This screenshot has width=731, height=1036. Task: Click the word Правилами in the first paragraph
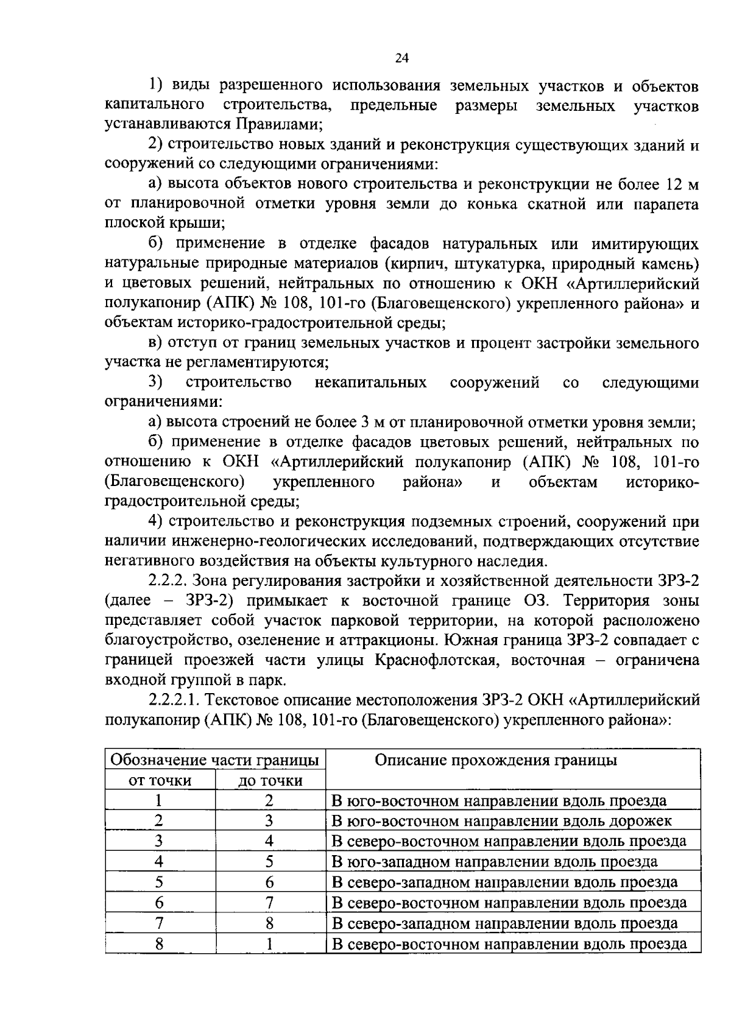point(276,125)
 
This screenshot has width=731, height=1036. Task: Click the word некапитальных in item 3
point(370,382)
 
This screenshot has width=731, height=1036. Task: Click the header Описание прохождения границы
point(495,760)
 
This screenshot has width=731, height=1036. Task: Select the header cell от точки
point(160,780)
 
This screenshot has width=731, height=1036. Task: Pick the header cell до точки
point(270,780)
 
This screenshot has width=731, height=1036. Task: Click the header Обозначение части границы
point(215,760)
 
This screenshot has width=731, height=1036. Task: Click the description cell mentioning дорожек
point(501,821)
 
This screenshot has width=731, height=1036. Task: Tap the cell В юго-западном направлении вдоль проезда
point(494,862)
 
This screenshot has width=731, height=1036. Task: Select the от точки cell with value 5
point(159,882)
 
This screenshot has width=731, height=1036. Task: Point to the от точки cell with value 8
point(159,944)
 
